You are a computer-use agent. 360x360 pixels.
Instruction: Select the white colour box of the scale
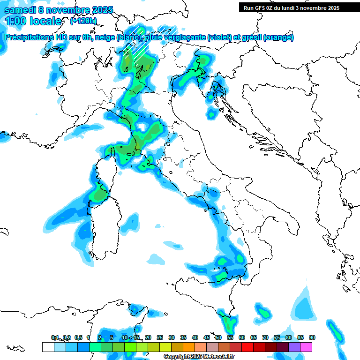pyautogui.click(x=48, y=347)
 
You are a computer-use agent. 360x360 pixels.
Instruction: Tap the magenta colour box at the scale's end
pyautogui.click(x=306, y=347)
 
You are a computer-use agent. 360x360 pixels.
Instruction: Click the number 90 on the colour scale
pyautogui.click(x=312, y=337)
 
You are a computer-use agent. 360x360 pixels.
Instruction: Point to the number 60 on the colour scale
pyautogui.click(x=241, y=337)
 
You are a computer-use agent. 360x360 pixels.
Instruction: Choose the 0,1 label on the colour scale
pyautogui.click(x=55, y=337)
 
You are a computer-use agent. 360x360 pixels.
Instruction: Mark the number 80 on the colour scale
pyautogui.click(x=288, y=337)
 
